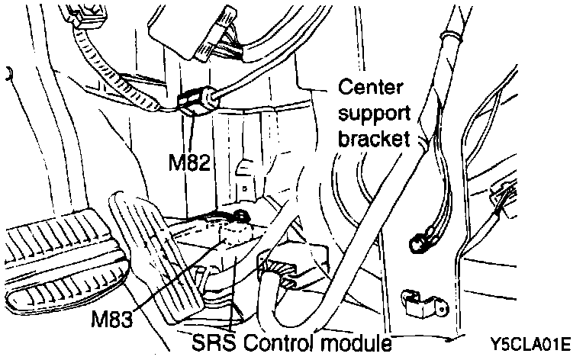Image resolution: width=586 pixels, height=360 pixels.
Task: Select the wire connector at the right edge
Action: (504, 198)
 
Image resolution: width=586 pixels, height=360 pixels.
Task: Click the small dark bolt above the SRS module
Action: (240, 217)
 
